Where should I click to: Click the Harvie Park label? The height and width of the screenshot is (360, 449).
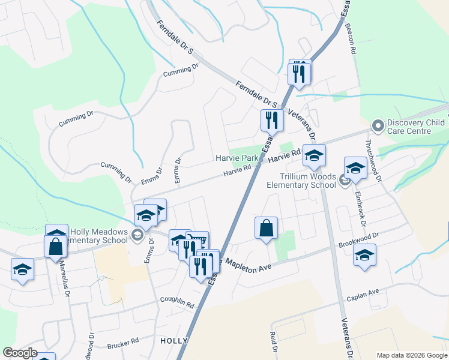(x=237, y=158)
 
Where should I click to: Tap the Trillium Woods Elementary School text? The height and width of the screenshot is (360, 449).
(x=301, y=181)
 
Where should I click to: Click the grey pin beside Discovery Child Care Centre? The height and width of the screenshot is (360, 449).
(x=378, y=126)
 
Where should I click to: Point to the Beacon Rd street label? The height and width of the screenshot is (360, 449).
(x=349, y=40)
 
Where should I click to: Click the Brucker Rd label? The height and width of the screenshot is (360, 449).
(x=122, y=345)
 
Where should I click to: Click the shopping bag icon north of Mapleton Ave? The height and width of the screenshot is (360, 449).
(x=266, y=228)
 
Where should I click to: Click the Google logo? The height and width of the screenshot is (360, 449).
(x=19, y=353)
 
